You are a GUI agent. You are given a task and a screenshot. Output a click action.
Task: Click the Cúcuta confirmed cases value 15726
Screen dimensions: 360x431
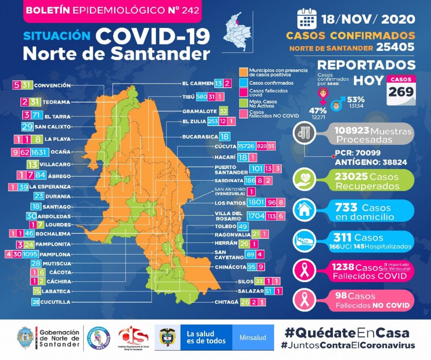247,146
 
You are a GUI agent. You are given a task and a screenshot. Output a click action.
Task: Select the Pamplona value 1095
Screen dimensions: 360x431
30,254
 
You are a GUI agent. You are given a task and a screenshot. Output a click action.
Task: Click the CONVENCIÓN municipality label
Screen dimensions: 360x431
52,85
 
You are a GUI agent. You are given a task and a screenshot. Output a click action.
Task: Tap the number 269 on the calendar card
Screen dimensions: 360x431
401,91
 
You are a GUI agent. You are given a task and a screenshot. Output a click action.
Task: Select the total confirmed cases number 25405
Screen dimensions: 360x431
395,48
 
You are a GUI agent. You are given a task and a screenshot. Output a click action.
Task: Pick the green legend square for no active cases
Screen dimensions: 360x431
243,102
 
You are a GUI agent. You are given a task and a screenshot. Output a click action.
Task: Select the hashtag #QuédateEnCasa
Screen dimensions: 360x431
347,333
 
